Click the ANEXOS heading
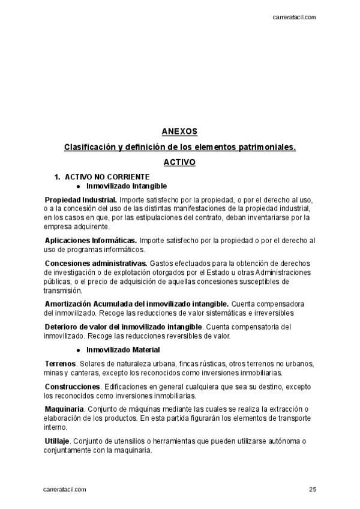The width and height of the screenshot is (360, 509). coord(179,131)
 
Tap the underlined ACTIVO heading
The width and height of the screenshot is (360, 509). coord(179,162)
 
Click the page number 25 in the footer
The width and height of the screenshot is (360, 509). coord(313,489)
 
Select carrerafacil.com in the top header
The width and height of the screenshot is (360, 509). coord(294,17)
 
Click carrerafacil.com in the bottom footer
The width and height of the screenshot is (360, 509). coord(65,489)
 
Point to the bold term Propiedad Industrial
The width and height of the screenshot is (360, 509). coord(81,199)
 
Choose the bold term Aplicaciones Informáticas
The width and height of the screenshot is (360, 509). coord(91,241)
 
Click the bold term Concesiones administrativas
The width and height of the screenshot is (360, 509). coord(96,263)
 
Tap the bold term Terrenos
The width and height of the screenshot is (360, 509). coord(60,364)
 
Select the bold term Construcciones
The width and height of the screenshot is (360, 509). coord(72,386)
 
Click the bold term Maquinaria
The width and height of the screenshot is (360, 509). coord(64,409)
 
